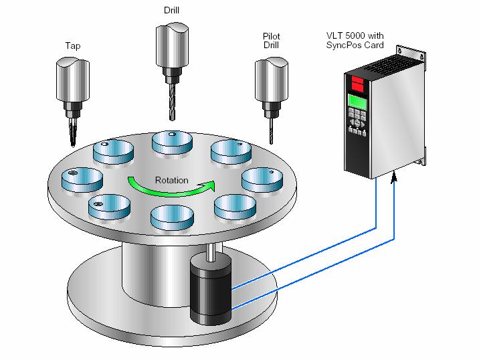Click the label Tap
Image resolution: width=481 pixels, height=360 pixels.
(73, 46)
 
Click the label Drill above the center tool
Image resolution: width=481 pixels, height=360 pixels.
(171, 10)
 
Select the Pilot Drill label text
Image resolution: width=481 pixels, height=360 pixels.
(271, 41)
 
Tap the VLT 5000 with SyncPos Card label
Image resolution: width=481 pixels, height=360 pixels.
(355, 40)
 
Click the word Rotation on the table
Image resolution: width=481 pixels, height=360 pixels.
(171, 180)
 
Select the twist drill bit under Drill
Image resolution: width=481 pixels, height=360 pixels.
(172, 101)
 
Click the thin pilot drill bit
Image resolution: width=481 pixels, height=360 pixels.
(271, 131)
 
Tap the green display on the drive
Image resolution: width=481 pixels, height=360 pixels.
(358, 102)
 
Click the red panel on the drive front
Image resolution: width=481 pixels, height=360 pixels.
(357, 83)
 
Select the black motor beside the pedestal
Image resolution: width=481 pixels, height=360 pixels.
(211, 289)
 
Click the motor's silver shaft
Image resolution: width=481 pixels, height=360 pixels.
(211, 252)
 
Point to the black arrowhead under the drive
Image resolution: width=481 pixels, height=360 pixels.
(394, 178)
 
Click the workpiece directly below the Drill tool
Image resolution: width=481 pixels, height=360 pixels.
(172, 143)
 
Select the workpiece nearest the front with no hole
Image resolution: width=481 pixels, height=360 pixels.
(172, 217)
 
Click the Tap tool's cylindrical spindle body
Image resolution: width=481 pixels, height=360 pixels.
(73, 79)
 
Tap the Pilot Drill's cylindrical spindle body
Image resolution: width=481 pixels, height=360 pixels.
(272, 80)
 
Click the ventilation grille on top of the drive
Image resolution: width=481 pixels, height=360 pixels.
(393, 64)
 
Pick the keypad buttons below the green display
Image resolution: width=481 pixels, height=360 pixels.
(357, 120)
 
